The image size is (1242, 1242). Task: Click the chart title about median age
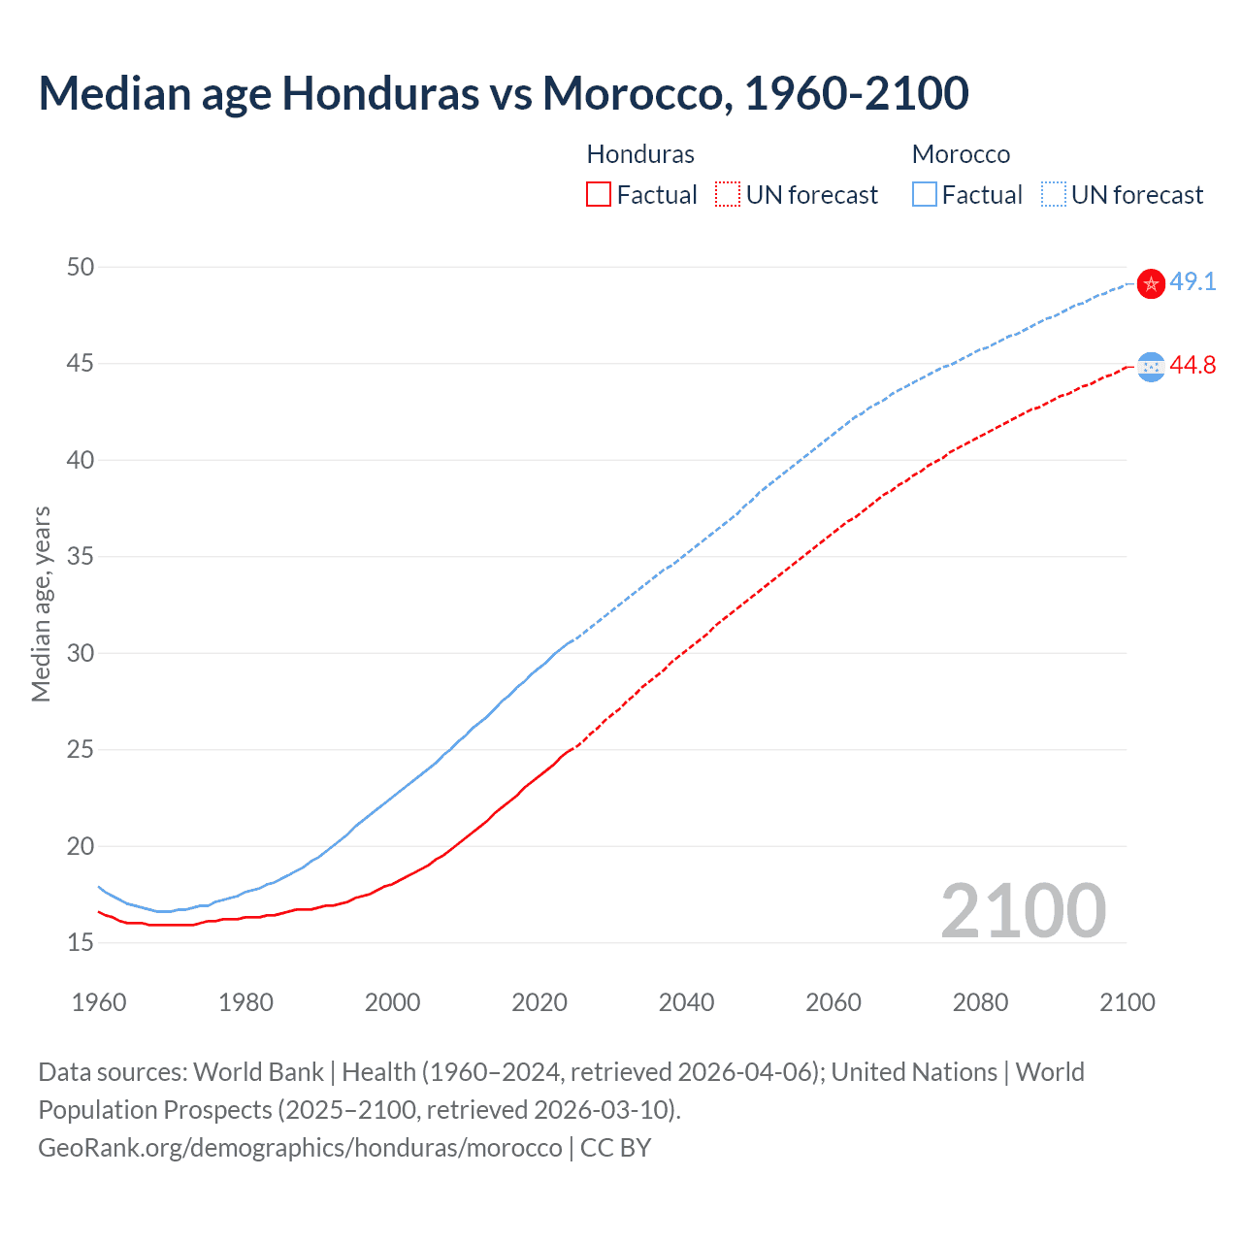point(503,93)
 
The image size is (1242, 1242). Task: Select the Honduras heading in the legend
point(640,154)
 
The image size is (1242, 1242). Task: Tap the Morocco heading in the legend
point(961,154)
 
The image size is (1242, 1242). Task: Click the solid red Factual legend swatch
point(599,195)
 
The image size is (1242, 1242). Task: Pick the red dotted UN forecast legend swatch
point(728,195)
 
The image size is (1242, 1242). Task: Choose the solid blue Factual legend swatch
point(925,195)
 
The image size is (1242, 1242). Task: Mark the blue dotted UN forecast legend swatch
point(1054,195)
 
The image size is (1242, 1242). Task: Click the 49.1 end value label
point(1193,282)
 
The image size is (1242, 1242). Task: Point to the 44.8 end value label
point(1193,366)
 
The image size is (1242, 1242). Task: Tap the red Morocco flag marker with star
point(1151,283)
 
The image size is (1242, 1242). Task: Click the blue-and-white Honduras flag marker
point(1151,366)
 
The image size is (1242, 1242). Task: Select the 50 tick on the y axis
point(81,267)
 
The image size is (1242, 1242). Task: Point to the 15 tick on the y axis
point(81,942)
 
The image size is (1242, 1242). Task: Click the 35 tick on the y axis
point(81,557)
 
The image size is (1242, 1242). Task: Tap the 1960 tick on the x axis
point(99,1002)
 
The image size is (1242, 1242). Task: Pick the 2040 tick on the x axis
point(686,1002)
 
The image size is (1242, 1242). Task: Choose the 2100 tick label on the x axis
point(1128,1002)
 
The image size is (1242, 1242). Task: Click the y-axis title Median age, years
point(41,604)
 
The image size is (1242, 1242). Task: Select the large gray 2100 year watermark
point(1023,911)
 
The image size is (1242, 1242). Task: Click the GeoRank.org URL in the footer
point(300,1148)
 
